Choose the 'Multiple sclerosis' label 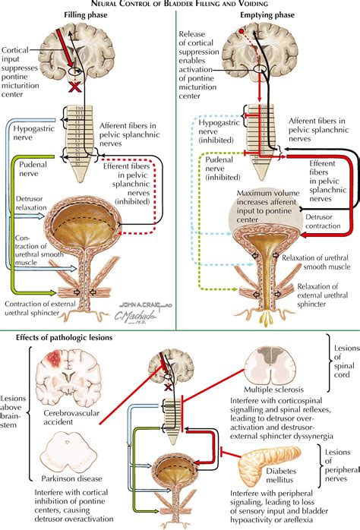(x=287, y=390)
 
